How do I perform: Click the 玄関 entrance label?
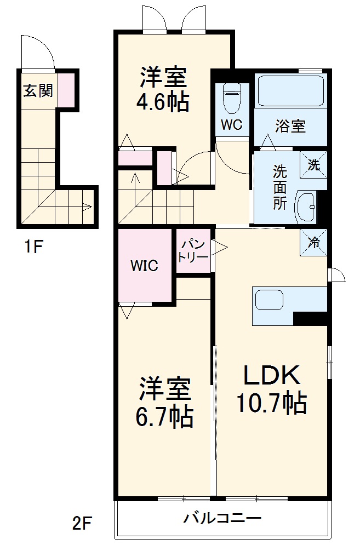pos(38,90)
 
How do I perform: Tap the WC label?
pos(232,125)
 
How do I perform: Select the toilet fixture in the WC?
pos(231,99)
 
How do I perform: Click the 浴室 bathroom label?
pos(290,126)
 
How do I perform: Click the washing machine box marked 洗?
pos(313,164)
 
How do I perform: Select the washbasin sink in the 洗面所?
pos(306,208)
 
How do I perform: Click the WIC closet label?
pos(144,266)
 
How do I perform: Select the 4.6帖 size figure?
pos(163,102)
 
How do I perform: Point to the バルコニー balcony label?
pos(222,518)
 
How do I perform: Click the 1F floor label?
pos(32,248)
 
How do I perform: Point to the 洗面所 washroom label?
pos(280,187)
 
